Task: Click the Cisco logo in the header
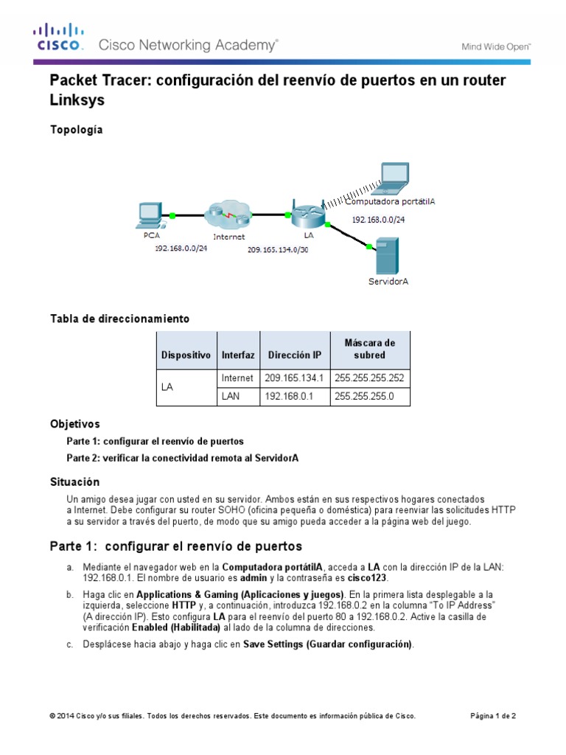pos(57,38)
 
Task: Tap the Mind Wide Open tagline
pos(495,46)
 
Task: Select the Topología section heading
pos(76,130)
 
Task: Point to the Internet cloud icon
pos(228,214)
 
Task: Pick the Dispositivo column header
pos(186,355)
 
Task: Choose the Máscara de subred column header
pos(369,349)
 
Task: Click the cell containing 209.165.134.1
pos(293,378)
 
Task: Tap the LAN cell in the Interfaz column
pos(231,397)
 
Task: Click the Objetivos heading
pos(74,425)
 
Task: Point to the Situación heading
pos(74,481)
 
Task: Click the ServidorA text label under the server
pos(388,281)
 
